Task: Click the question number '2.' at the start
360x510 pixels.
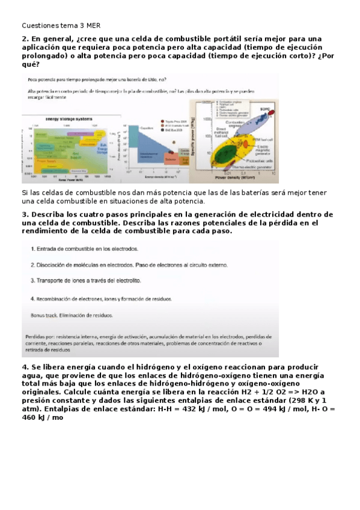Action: pyautogui.click(x=26, y=39)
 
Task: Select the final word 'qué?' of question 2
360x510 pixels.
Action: pyautogui.click(x=31, y=64)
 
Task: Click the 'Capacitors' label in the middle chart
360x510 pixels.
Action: pyautogui.click(x=147, y=127)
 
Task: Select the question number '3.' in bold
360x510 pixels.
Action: pyautogui.click(x=26, y=215)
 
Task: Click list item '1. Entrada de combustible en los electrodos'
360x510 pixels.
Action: pyautogui.click(x=85, y=248)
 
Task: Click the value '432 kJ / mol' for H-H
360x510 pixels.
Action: pyautogui.click(x=195, y=409)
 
